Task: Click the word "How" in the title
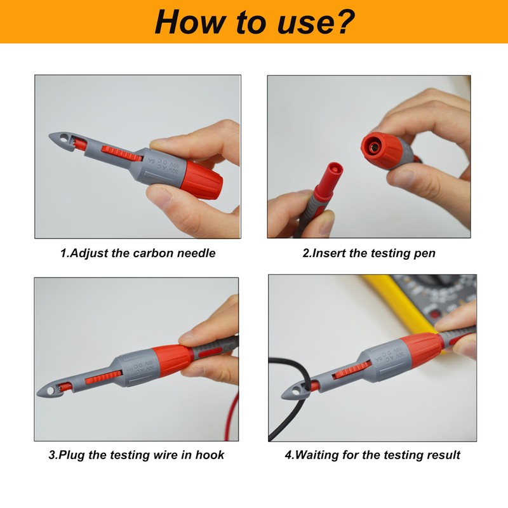click(188, 22)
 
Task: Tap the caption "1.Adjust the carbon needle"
click(138, 253)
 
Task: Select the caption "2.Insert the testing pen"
click(369, 253)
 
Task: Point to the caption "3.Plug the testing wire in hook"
click(136, 455)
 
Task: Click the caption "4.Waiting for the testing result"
click(372, 455)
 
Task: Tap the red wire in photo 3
click(230, 406)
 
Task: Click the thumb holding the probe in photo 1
click(194, 137)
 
